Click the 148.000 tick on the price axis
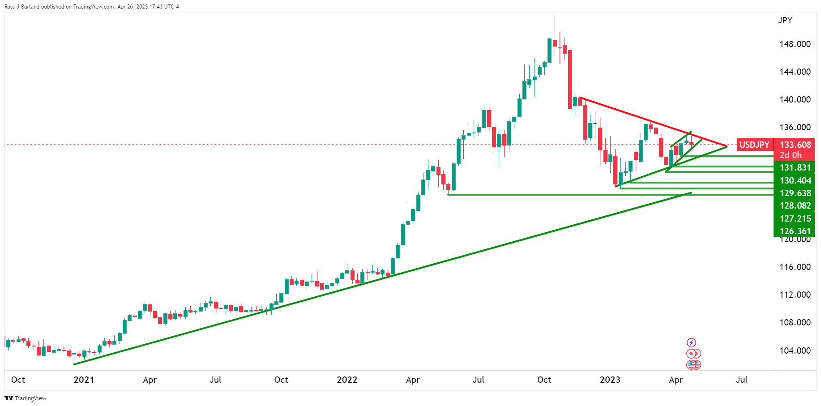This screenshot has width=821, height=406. [x=795, y=44]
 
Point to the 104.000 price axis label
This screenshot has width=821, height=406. [x=795, y=350]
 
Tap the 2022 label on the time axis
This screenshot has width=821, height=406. [x=347, y=380]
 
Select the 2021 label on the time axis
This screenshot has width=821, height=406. [x=84, y=380]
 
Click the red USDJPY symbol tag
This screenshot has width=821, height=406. [x=754, y=145]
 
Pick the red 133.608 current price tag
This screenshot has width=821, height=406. [x=795, y=145]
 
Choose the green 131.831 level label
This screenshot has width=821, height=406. [x=795, y=167]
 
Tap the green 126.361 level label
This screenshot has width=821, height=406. [x=795, y=231]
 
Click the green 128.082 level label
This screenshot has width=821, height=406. [x=795, y=205]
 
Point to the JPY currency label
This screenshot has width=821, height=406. [x=785, y=20]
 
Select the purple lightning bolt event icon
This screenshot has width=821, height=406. [x=691, y=343]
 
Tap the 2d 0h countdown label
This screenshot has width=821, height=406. [x=791, y=155]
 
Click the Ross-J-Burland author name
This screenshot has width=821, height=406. [x=22, y=7]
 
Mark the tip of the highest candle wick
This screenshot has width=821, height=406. [x=555, y=17]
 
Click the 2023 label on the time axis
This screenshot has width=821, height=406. [x=610, y=380]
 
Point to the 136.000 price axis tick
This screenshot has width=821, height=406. [x=795, y=127]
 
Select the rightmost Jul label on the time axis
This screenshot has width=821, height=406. [x=741, y=380]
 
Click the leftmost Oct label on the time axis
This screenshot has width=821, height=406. [x=18, y=380]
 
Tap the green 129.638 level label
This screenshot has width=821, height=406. [x=795, y=193]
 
